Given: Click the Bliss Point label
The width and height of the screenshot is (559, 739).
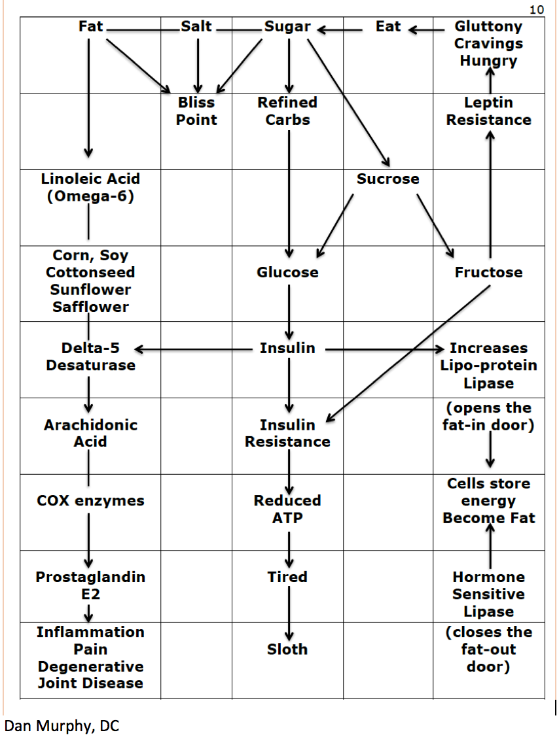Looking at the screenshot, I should (196, 111).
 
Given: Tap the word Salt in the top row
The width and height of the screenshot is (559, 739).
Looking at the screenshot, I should (196, 26).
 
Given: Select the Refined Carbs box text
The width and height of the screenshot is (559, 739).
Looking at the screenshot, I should (287, 111).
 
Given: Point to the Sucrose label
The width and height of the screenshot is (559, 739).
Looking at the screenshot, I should (388, 179).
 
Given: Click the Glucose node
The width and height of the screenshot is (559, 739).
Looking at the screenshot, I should (287, 272).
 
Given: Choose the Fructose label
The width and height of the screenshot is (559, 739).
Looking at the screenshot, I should (489, 272).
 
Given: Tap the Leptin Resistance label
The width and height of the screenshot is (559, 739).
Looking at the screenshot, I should (489, 111).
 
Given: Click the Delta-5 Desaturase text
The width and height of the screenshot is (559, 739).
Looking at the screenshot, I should (90, 356).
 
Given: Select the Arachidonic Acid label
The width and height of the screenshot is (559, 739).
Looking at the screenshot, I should (90, 433).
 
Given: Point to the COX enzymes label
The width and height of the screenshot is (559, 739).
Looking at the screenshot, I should (90, 501).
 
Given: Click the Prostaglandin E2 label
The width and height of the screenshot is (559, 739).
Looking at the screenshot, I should (90, 585).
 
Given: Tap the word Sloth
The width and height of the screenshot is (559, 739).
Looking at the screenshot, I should (287, 649).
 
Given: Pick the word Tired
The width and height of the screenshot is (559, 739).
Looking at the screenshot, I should (287, 577).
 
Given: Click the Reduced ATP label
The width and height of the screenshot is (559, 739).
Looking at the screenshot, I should (287, 509).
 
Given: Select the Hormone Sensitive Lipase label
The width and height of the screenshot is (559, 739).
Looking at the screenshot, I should (489, 594).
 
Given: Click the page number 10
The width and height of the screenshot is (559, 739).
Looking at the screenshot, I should (537, 9).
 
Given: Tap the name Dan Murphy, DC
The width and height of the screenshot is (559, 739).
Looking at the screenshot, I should (62, 725).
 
